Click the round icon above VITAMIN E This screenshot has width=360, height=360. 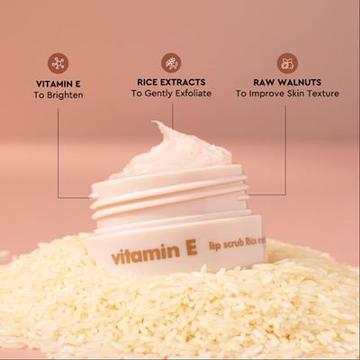(x=58, y=63)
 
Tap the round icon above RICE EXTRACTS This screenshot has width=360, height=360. (x=171, y=63)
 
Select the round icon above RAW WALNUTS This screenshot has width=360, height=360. (x=286, y=63)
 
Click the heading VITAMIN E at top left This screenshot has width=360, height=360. (x=58, y=82)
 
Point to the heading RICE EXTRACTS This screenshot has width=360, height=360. (x=171, y=80)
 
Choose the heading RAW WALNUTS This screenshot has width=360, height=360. (x=286, y=80)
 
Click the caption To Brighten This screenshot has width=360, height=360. (x=58, y=94)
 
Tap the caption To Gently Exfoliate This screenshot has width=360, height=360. (x=171, y=93)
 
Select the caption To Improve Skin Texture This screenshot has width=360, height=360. (x=286, y=93)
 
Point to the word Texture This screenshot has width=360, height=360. (x=320, y=93)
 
